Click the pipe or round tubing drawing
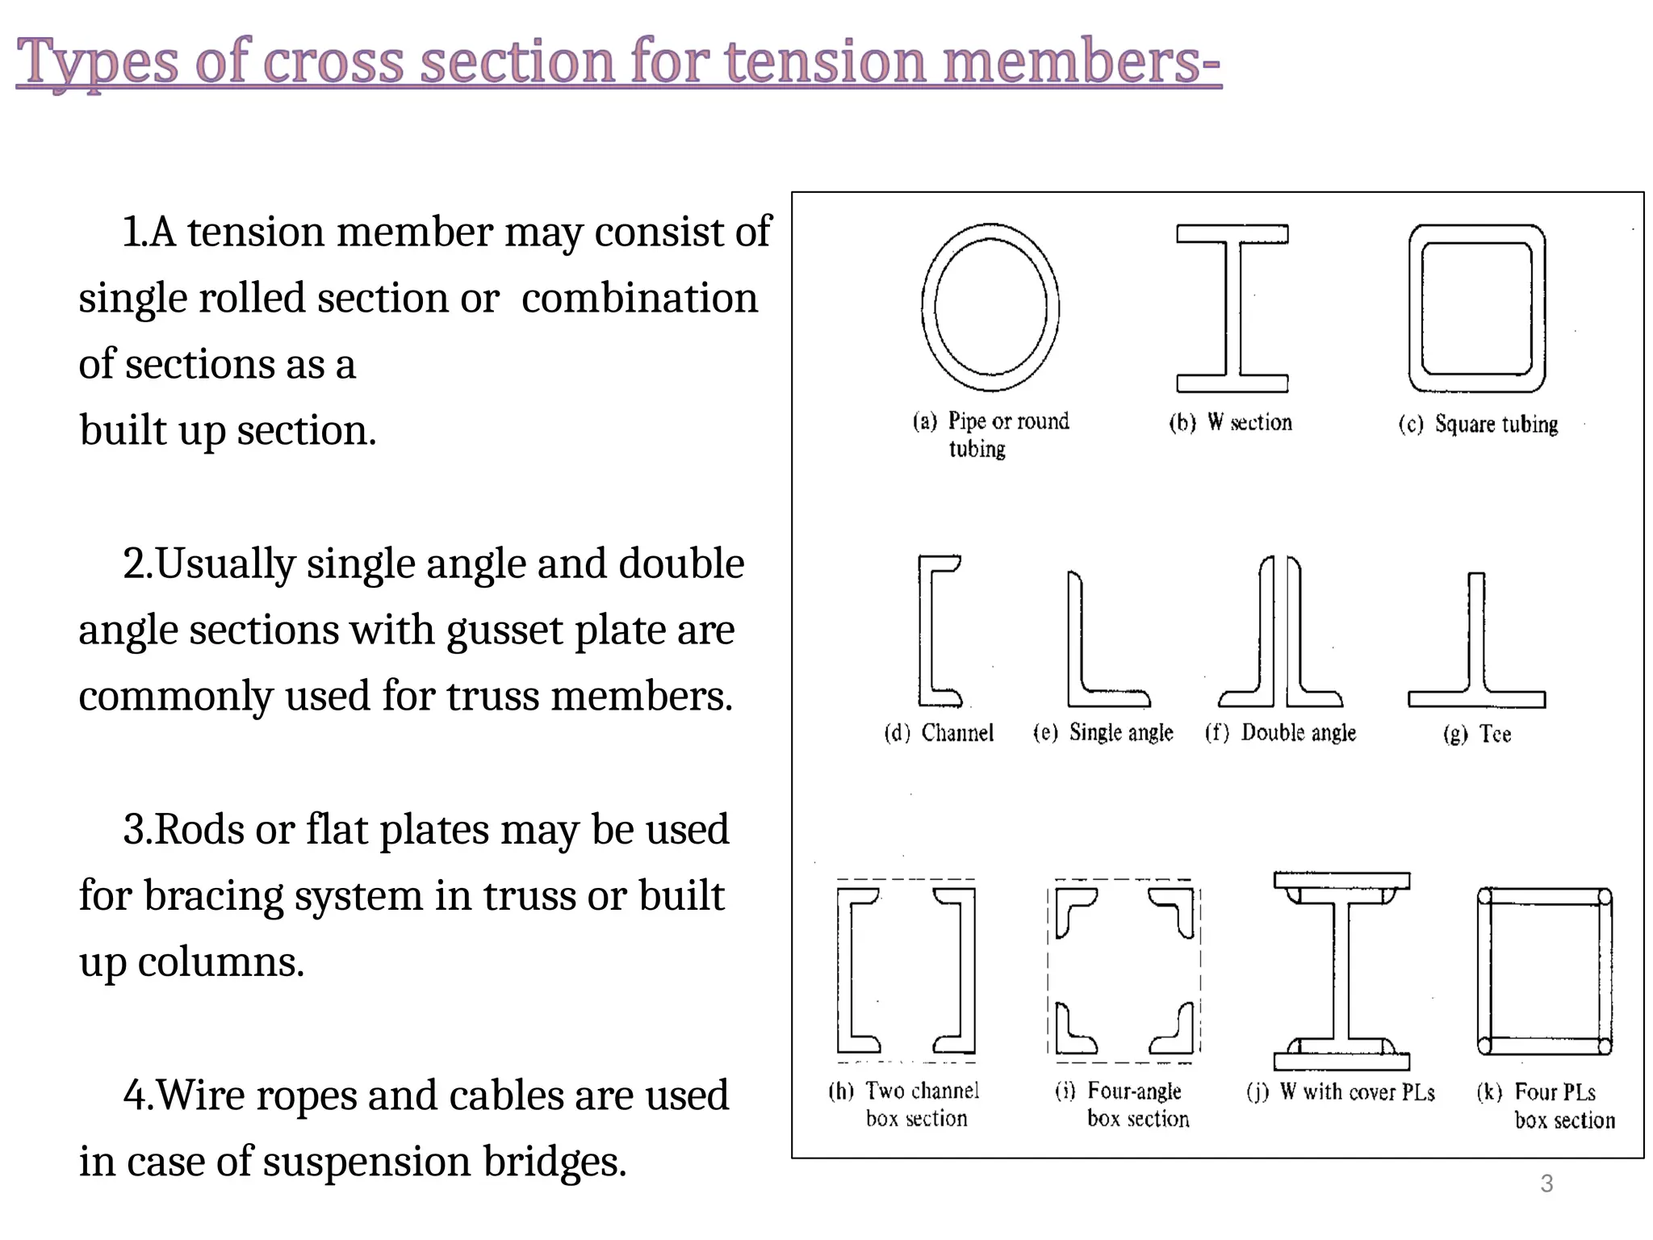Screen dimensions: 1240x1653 coord(990,308)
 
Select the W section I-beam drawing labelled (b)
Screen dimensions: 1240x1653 coord(1232,308)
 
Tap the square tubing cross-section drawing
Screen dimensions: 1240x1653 coord(1477,308)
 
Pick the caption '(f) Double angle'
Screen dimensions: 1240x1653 coord(1281,733)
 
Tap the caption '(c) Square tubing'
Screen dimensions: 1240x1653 coord(1478,425)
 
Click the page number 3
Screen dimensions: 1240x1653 coord(1546,1183)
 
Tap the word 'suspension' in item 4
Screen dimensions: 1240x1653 coord(366,1162)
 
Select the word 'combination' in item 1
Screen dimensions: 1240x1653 coord(639,299)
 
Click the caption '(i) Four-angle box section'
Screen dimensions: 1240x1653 coord(1123,1105)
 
